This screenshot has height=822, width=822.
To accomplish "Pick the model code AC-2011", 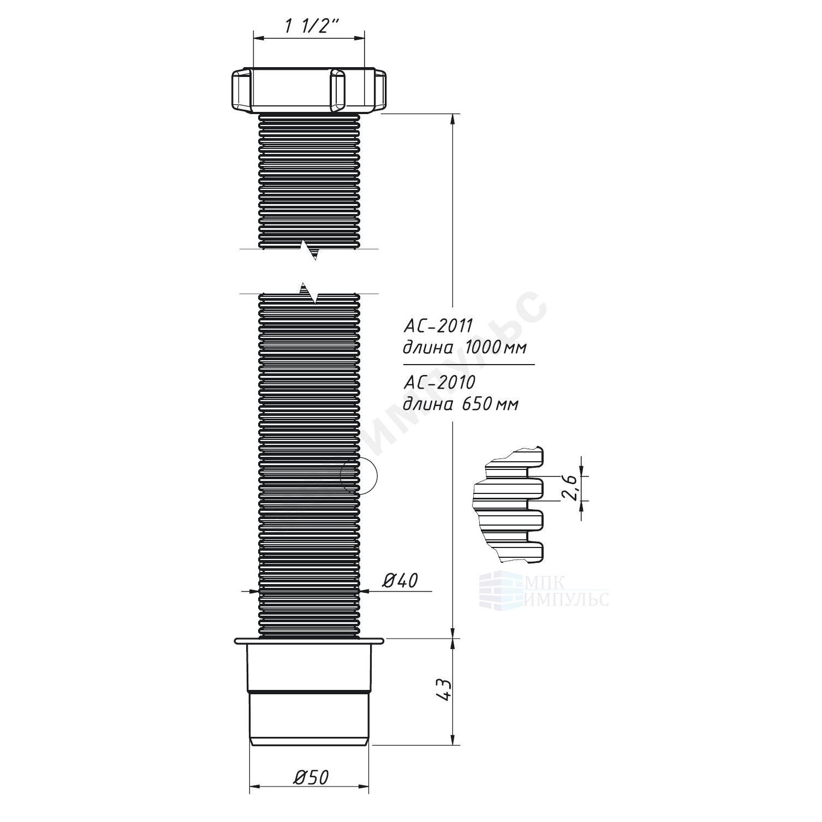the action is [437, 326].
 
